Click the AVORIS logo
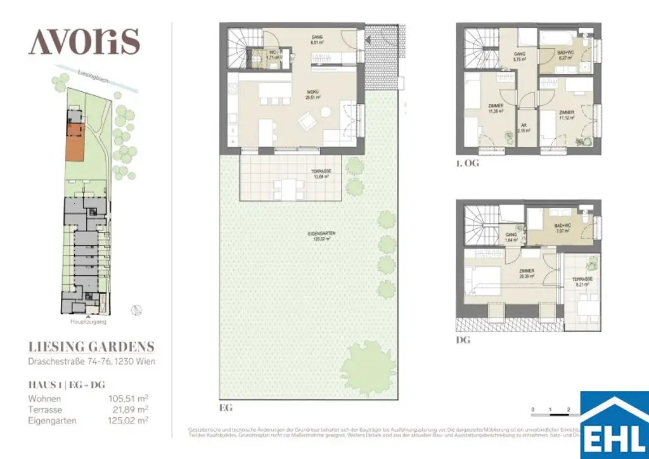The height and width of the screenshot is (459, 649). point(84,42)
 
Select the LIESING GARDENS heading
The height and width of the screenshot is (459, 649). point(91,347)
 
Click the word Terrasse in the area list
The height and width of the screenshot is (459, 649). point(45,410)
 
